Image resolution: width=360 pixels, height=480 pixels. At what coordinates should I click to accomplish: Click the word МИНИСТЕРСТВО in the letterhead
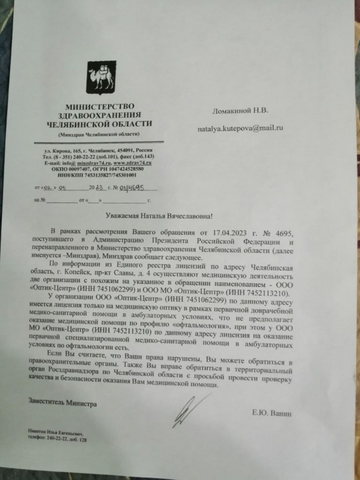coord(100,107)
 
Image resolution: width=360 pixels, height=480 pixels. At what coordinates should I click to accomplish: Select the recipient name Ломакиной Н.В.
coord(240,111)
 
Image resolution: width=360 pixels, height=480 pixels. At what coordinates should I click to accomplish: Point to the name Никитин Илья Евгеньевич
coord(58,434)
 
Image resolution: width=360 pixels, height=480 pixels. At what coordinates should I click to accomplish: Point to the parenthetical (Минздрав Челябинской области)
coord(99,134)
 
